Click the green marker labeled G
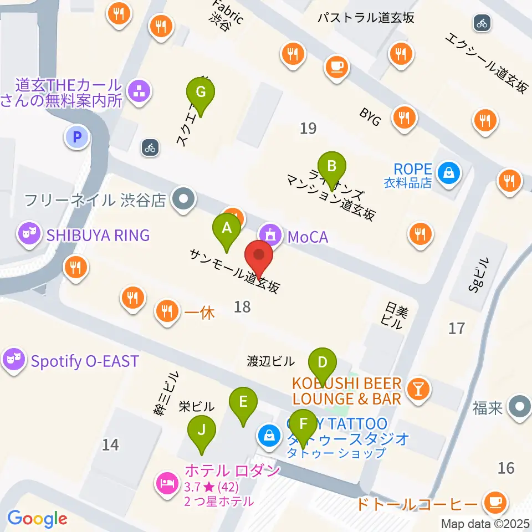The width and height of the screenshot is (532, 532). click(201, 92)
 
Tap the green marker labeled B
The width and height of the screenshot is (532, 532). click(332, 166)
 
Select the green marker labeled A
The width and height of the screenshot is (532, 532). click(227, 228)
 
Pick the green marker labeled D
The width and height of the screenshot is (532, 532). click(322, 364)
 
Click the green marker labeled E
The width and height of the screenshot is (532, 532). click(243, 402)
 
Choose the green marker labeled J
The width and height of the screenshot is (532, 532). click(201, 429)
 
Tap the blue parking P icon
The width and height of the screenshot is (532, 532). click(77, 136)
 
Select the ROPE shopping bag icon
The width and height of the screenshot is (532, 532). click(447, 173)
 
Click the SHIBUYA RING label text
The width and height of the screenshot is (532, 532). click(98, 235)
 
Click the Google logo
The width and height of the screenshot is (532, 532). click(37, 519)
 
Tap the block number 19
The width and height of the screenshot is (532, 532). click(308, 129)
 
